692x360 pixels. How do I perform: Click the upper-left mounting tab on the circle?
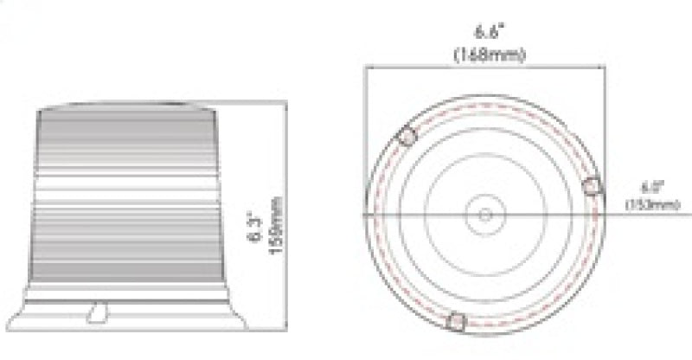(x=407, y=137)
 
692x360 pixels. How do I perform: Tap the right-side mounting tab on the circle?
(x=593, y=185)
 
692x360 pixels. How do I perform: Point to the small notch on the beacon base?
(x=100, y=310)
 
